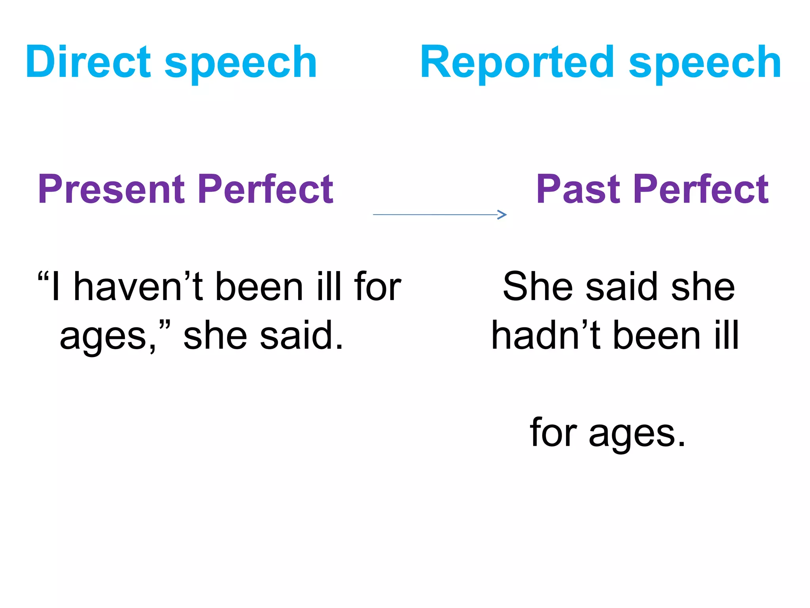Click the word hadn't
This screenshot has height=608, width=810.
click(x=546, y=336)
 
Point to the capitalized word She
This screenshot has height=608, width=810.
click(x=538, y=287)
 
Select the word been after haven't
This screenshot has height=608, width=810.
click(x=259, y=287)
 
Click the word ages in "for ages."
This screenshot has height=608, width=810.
click(x=638, y=433)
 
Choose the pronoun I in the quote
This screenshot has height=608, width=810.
click(x=56, y=287)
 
